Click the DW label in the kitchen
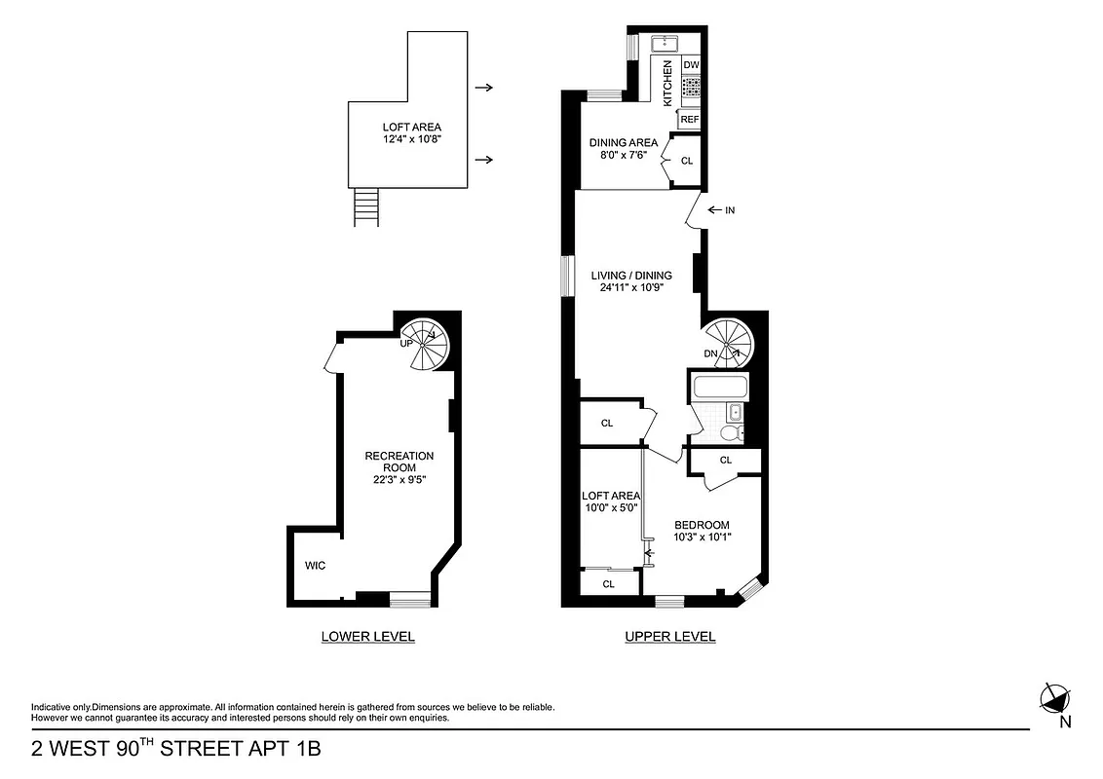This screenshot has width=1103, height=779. [691, 65]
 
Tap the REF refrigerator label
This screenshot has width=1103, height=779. [690, 119]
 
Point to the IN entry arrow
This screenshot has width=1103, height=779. [722, 209]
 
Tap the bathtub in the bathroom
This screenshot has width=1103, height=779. [720, 389]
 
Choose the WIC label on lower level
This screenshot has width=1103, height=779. [315, 565]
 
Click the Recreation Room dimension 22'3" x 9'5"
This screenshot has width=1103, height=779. [399, 479]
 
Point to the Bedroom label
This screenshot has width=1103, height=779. [702, 525]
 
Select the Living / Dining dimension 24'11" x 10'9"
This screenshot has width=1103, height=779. [631, 287]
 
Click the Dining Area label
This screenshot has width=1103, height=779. [624, 142]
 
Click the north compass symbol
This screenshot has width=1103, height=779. [1054, 697]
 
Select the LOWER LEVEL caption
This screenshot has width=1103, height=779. [367, 637]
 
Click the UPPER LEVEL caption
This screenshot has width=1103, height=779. [669, 637]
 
